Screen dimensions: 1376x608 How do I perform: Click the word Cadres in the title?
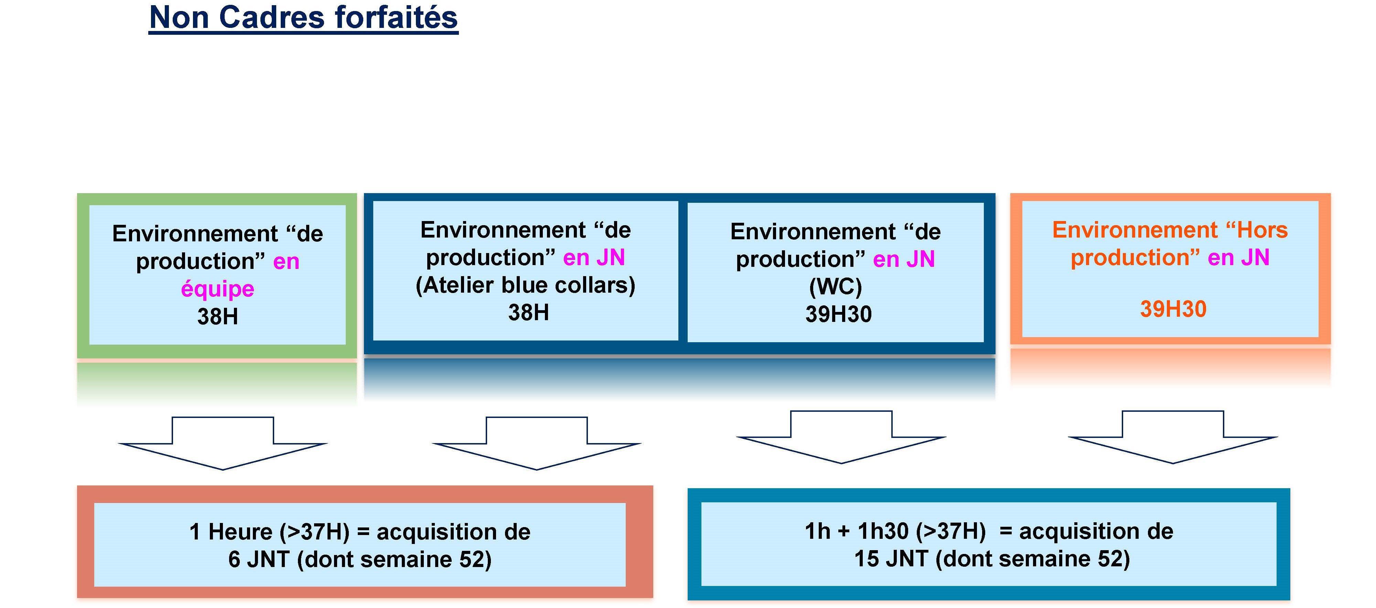[272, 17]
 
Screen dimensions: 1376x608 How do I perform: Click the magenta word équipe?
[217, 289]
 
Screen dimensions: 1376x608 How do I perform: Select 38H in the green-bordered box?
[217, 317]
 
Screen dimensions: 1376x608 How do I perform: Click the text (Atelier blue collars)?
[526, 285]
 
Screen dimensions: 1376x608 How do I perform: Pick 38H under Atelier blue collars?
[528, 312]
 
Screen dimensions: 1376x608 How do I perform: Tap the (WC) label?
[836, 287]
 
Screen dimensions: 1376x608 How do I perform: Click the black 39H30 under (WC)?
[839, 314]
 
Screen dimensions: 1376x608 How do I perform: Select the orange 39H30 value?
[1173, 309]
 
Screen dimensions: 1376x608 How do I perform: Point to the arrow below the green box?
[223, 443]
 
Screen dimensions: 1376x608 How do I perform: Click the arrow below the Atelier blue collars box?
[537, 443]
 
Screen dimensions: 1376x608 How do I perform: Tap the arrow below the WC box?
[841, 437]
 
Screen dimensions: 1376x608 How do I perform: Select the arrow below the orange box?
[1173, 437]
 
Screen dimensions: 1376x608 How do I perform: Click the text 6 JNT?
[259, 559]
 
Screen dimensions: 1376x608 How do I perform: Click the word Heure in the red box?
[240, 532]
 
